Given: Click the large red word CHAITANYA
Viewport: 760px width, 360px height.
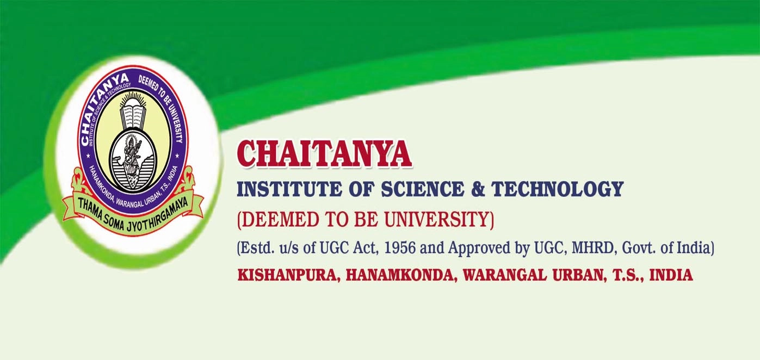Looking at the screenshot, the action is [324, 154].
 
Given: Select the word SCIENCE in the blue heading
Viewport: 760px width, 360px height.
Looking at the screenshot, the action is [422, 189].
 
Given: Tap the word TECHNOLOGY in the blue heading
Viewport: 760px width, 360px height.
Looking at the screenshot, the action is [558, 189].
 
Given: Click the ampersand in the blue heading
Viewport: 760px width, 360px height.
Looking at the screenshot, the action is [478, 189].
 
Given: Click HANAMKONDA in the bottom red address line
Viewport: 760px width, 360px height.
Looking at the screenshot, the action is [399, 275].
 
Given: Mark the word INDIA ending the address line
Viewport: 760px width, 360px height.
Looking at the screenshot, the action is [671, 275].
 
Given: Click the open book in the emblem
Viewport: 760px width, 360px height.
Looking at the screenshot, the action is [133, 117].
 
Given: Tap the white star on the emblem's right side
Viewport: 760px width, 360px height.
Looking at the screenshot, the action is [177, 156].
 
